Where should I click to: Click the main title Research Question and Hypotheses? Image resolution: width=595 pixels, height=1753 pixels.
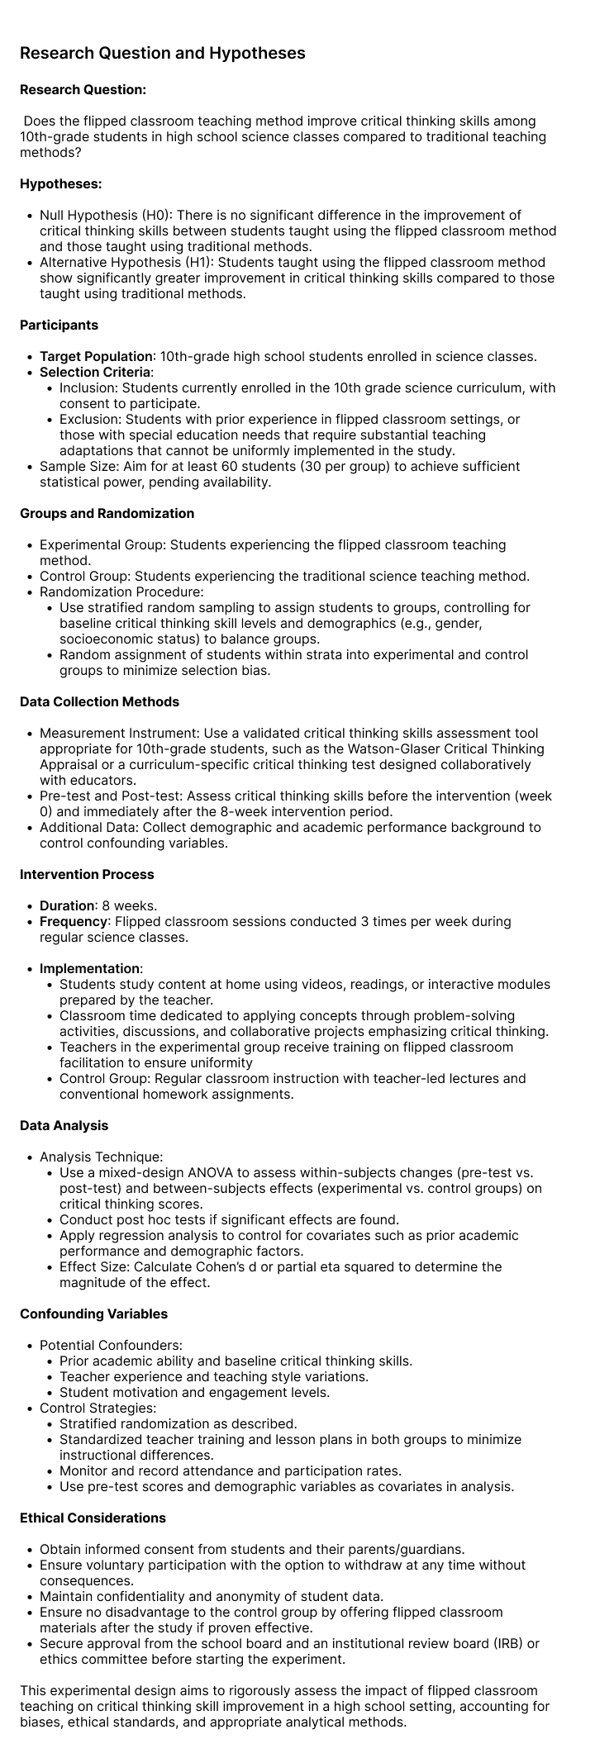click(x=162, y=53)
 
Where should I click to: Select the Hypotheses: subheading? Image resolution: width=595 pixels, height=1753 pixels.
click(x=60, y=183)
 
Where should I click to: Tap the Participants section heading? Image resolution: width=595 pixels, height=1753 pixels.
click(x=59, y=325)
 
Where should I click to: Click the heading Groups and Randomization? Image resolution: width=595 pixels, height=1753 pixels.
click(x=107, y=513)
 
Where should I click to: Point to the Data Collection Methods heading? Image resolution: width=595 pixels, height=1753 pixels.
click(x=99, y=701)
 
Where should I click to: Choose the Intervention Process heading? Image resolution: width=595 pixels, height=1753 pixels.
click(x=87, y=874)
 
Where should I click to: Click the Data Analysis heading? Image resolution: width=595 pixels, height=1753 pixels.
click(x=64, y=1125)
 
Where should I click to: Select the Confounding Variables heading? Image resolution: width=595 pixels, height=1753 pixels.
click(x=93, y=1314)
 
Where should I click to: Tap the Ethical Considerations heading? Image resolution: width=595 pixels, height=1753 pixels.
click(x=93, y=1518)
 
